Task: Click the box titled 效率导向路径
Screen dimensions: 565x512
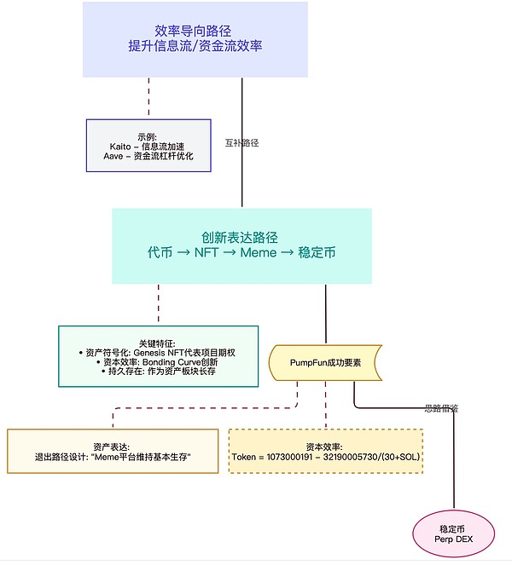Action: click(195, 39)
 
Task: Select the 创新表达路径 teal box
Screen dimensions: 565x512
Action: click(241, 245)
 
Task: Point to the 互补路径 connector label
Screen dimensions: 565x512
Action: click(241, 143)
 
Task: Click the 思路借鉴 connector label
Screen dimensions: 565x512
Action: click(441, 408)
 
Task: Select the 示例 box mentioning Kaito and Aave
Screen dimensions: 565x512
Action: click(147, 146)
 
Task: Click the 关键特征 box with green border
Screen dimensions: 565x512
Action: click(158, 356)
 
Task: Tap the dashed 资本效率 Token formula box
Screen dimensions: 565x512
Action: click(325, 451)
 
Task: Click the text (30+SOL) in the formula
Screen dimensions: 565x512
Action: click(393, 457)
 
